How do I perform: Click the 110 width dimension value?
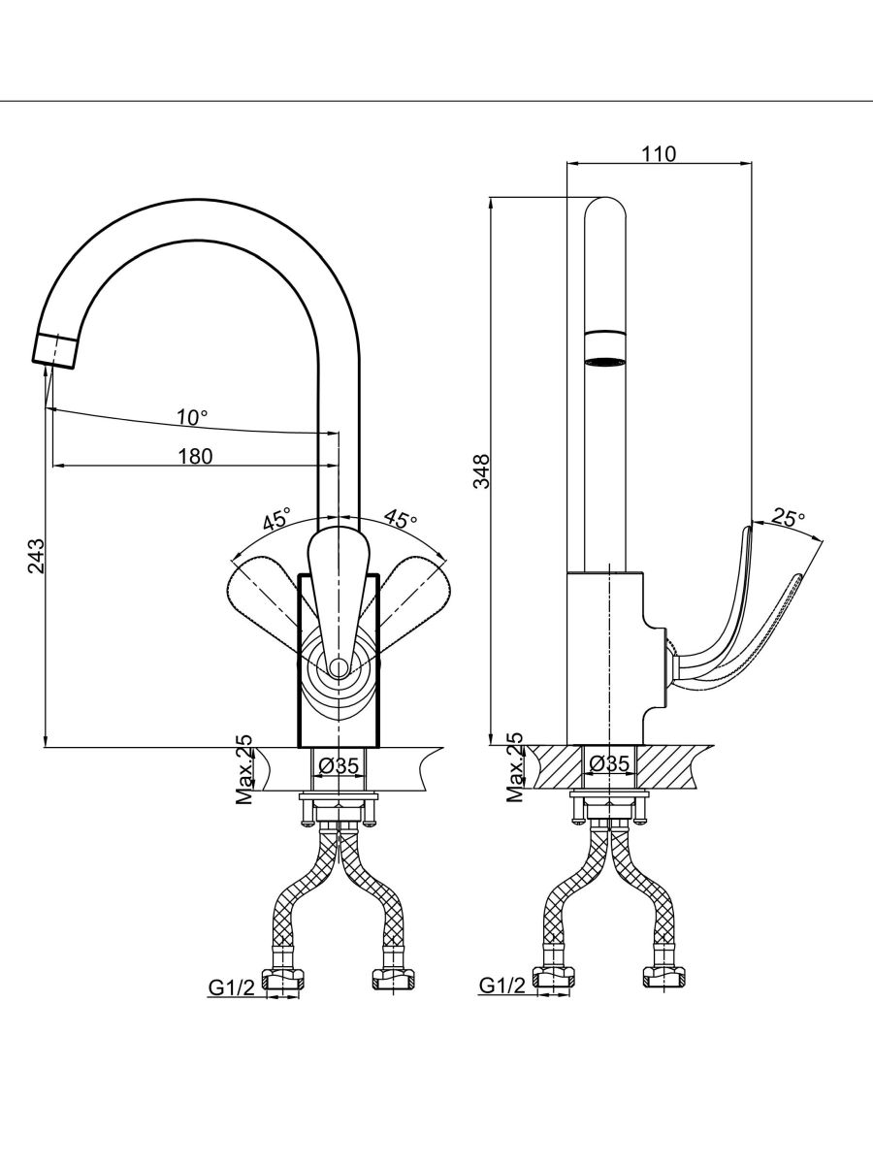point(659,152)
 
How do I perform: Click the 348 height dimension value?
point(482,471)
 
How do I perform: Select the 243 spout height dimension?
point(36,556)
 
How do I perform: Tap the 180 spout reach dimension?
point(195,456)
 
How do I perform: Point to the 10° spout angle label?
point(191,417)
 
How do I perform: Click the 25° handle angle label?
point(788,518)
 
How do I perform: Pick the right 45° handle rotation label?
point(400,519)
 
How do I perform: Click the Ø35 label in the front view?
point(339,765)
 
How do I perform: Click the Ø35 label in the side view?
point(609,764)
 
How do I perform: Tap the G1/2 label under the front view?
point(232,987)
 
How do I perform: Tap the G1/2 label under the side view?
point(502,986)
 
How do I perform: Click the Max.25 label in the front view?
point(244,770)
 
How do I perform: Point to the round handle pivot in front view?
point(338,668)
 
